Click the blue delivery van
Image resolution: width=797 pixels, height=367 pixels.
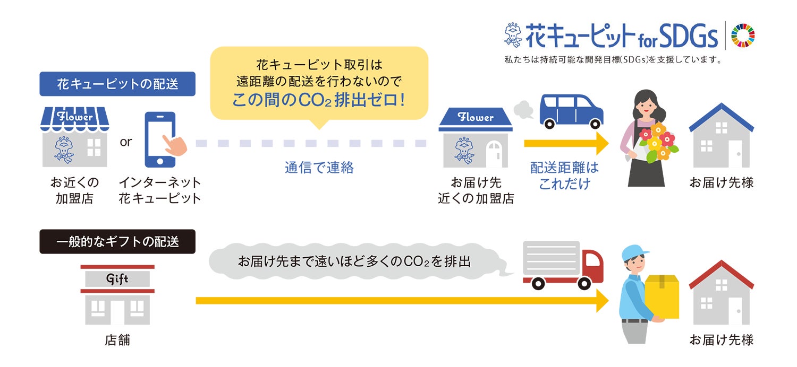coord(571,111)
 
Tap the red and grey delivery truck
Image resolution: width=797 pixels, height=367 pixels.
coord(563,265)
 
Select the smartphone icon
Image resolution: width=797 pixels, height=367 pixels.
coord(160,139)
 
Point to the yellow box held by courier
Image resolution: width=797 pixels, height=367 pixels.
coord(662,296)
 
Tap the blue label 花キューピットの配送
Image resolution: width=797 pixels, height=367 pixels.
coord(117,84)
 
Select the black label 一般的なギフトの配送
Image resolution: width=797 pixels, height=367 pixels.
coord(117,242)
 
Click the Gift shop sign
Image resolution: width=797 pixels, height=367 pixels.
coord(117,279)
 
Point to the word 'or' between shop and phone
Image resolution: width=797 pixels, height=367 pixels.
coord(126,142)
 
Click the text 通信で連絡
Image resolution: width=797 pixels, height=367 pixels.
coord(319,168)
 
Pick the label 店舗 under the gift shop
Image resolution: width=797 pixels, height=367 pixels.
coord(117,340)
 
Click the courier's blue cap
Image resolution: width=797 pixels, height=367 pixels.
coord(636,251)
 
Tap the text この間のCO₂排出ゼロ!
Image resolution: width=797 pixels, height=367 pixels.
coord(319,100)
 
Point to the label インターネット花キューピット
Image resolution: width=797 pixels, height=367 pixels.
coord(160,190)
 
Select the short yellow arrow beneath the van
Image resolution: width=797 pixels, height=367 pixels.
coord(566,144)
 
